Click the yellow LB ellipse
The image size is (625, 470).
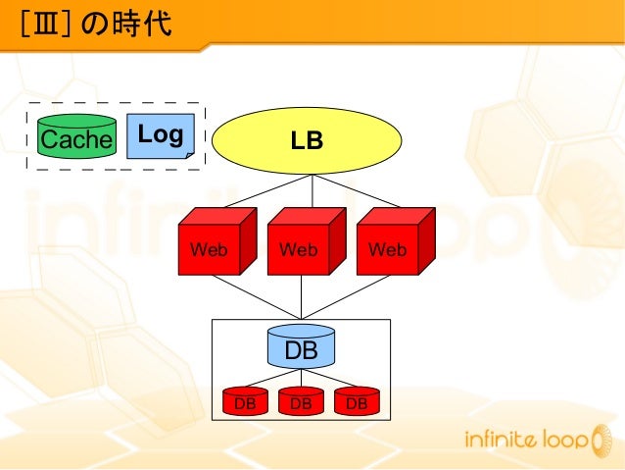pyautogui.click(x=307, y=141)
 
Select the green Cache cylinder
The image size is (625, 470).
pyautogui.click(x=75, y=139)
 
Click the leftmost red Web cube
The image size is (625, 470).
pyautogui.click(x=209, y=250)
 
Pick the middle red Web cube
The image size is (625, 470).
pyautogui.click(x=298, y=250)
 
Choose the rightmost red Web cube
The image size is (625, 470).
pyautogui.click(x=388, y=250)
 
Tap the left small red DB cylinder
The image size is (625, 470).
pyautogui.click(x=245, y=402)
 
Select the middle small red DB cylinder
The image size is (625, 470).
pyautogui.click(x=301, y=402)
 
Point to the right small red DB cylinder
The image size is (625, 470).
pyautogui.click(x=357, y=402)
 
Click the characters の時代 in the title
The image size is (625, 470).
pyautogui.click(x=125, y=23)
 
